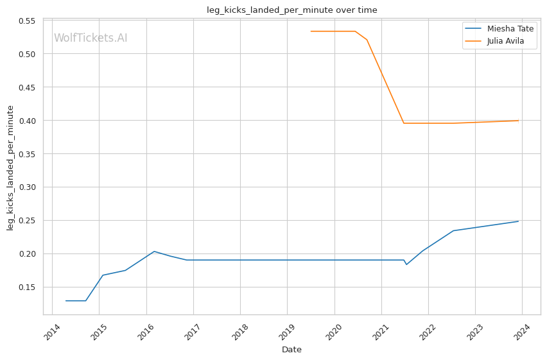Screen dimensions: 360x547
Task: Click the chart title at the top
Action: (x=291, y=10)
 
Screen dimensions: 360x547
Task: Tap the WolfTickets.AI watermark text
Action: (x=91, y=38)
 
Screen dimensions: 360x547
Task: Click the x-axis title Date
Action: (x=291, y=350)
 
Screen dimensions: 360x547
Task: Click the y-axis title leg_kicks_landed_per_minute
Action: (x=10, y=167)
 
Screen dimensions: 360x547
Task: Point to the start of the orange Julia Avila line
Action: (x=311, y=31)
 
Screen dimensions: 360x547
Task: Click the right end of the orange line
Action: (x=519, y=121)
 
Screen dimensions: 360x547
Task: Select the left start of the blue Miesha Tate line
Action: (x=65, y=300)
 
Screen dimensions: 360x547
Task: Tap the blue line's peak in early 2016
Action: (x=154, y=251)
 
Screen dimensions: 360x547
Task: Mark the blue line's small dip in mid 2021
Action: (x=406, y=264)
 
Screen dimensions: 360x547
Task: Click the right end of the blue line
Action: (x=519, y=221)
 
